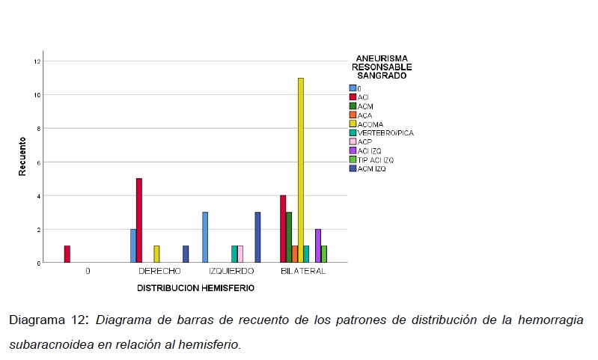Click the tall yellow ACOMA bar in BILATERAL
coord(300,170)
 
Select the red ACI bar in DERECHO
coord(139,220)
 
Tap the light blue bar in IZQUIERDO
coord(204,237)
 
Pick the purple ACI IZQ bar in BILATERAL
coord(318,245)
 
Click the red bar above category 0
coord(67,254)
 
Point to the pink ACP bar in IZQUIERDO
coord(240,254)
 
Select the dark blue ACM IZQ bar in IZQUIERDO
coord(258,237)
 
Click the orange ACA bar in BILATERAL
coord(294,254)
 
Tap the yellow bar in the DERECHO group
coord(156,254)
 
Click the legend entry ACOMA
coord(370,124)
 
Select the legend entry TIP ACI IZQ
coord(376,159)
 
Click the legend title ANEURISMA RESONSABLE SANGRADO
coord(382,67)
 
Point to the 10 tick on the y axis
coord(35,95)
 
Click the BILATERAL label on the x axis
coord(302,271)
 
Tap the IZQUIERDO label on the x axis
coord(231,271)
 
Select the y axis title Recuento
coord(22,156)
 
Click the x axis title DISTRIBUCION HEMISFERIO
coord(195,287)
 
